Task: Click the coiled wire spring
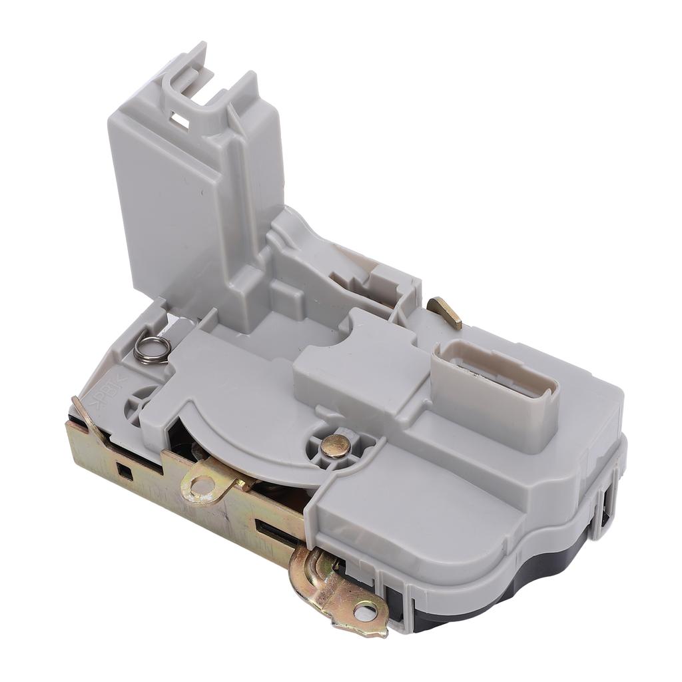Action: (153, 349)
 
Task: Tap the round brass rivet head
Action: (335, 446)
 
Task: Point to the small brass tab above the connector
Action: (445, 312)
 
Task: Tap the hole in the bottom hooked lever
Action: (364, 611)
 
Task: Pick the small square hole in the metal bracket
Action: (125, 470)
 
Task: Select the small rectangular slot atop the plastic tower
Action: (179, 120)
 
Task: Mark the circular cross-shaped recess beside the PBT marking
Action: (141, 403)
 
